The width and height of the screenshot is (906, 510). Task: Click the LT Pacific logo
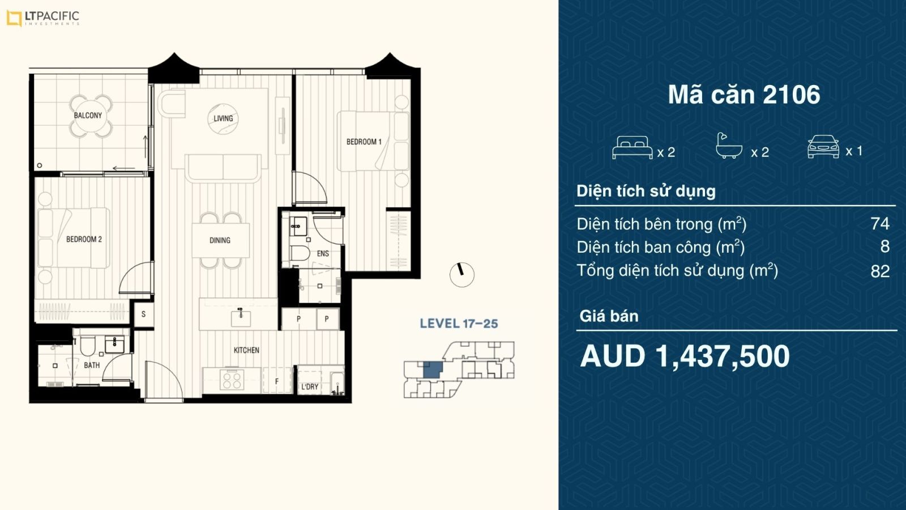click(x=43, y=18)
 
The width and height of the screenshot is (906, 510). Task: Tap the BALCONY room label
click(x=88, y=116)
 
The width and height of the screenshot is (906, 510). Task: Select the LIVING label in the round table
click(x=223, y=118)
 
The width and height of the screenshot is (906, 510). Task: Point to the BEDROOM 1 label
click(x=364, y=142)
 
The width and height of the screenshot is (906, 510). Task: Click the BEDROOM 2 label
click(x=84, y=239)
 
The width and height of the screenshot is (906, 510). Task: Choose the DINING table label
click(x=220, y=240)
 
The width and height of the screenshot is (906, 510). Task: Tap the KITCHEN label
click(x=246, y=350)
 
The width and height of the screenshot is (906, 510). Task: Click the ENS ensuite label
click(x=323, y=254)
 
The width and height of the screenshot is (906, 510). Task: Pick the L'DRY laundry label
click(x=310, y=387)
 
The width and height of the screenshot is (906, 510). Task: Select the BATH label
click(x=92, y=365)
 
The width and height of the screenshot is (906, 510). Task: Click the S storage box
click(x=144, y=314)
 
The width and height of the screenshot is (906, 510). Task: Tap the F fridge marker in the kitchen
click(x=277, y=381)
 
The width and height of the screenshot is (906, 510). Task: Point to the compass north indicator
click(x=461, y=275)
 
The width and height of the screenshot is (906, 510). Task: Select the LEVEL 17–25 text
click(x=459, y=324)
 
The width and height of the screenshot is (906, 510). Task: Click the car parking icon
click(x=823, y=147)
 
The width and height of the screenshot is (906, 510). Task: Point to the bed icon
click(x=632, y=147)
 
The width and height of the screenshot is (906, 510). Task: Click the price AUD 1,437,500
click(x=685, y=356)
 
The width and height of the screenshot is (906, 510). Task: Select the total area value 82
click(x=880, y=271)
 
